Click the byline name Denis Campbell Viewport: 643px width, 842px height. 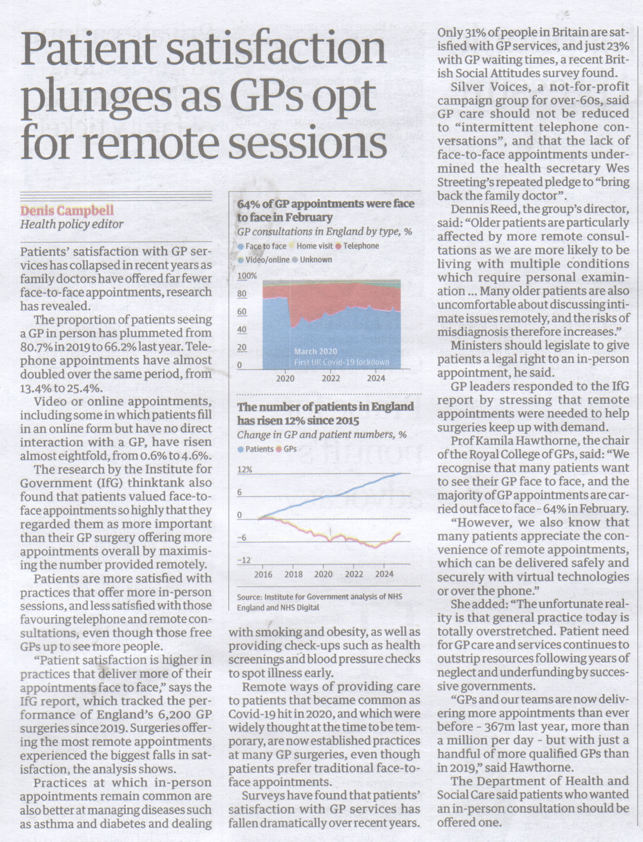point(67,210)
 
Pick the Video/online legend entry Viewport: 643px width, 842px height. point(264,259)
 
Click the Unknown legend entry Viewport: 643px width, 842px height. point(312,259)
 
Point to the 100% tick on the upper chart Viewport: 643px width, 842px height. point(247,276)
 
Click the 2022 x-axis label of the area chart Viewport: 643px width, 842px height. point(331,379)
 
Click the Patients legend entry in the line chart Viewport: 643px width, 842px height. point(256,449)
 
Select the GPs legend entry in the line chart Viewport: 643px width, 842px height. point(287,449)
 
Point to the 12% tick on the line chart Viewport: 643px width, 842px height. point(245,469)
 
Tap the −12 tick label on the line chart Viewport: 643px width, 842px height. point(244,560)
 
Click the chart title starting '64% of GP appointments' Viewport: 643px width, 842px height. point(326,210)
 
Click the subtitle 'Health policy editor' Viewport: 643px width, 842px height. point(72,224)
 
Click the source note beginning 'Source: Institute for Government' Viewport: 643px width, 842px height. point(320,602)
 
